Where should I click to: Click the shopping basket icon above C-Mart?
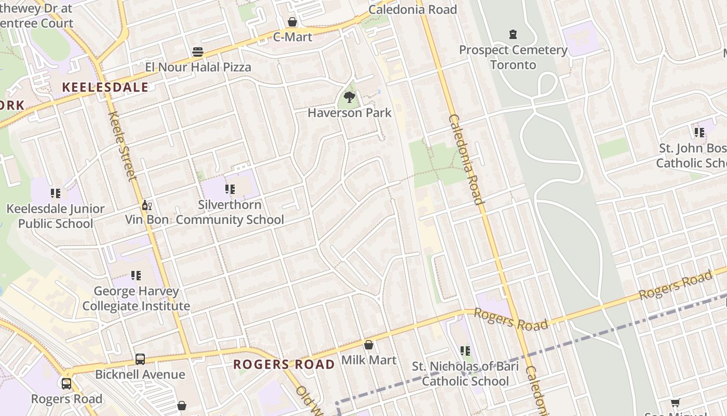tap(292, 22)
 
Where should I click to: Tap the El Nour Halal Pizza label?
tap(198, 67)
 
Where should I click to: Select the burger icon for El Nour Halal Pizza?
tap(197, 51)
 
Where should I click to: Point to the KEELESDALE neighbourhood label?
tap(105, 87)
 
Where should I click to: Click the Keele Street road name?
tap(123, 146)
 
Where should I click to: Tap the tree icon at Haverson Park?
tap(349, 97)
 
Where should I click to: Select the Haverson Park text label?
tap(349, 112)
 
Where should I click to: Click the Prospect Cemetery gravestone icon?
tap(513, 35)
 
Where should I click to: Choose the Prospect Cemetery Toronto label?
tap(513, 57)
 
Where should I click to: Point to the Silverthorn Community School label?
tap(230, 212)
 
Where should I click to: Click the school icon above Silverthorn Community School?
tap(230, 189)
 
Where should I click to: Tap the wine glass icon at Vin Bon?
tap(147, 205)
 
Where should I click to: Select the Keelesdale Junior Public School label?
tap(56, 216)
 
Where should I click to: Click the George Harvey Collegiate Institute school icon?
tap(136, 275)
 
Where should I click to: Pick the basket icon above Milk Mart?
tap(369, 344)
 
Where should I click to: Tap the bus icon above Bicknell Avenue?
tap(140, 359)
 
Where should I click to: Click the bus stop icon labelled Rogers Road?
tap(66, 384)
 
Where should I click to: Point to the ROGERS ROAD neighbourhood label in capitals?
tap(284, 364)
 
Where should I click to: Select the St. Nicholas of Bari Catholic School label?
tap(465, 373)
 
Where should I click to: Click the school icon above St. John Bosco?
tap(699, 132)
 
